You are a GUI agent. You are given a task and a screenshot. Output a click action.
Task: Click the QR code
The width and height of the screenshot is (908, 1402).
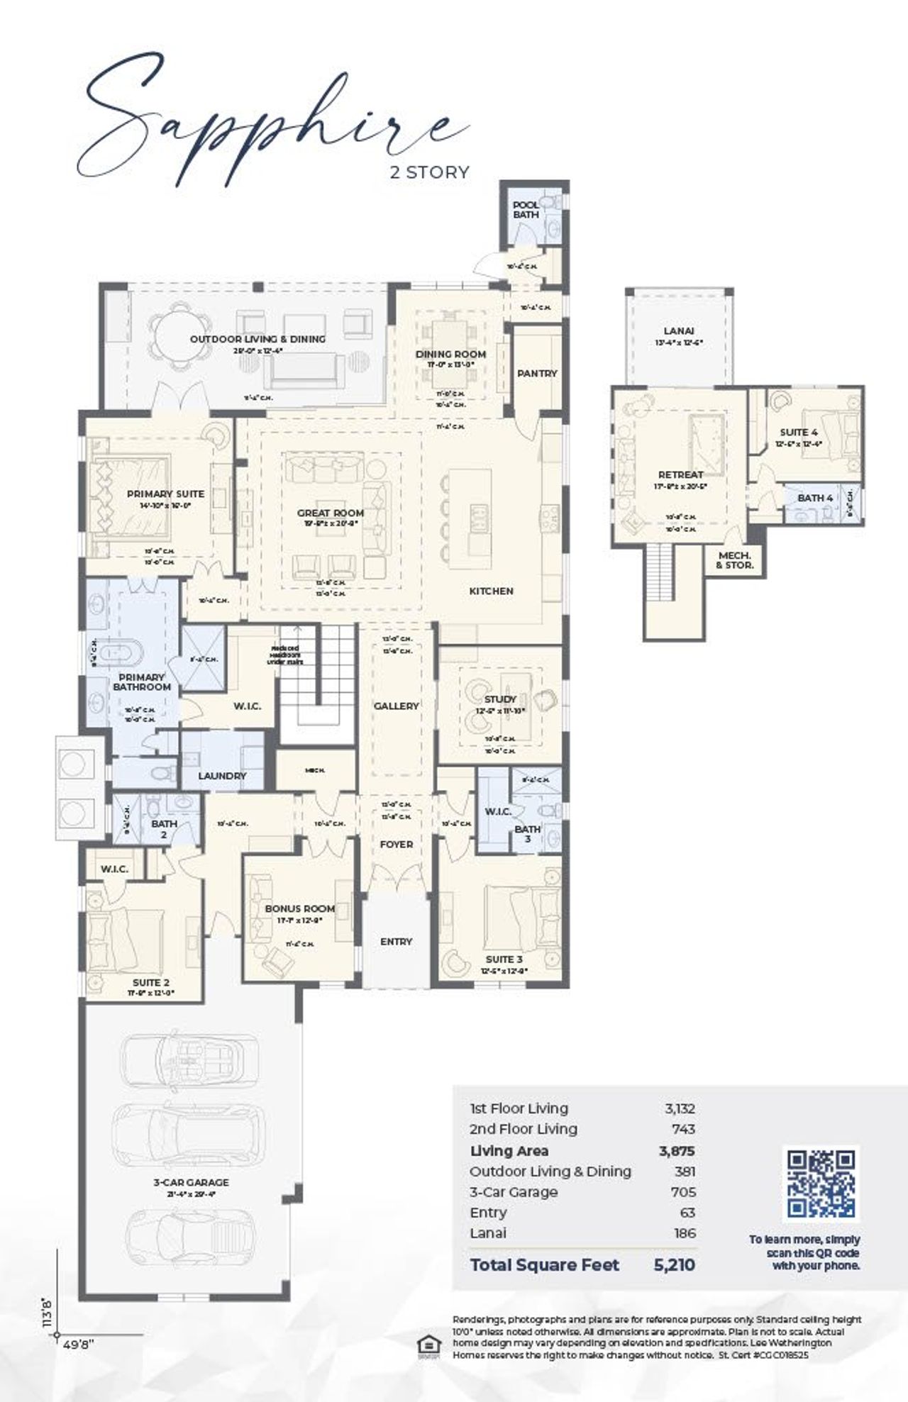tap(821, 1184)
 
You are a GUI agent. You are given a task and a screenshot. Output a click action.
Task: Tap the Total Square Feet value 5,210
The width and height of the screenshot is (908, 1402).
tap(674, 1264)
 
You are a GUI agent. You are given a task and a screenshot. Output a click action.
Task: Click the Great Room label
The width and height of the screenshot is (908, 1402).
tap(330, 513)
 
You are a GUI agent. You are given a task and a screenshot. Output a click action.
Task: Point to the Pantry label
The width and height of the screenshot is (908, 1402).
tap(537, 373)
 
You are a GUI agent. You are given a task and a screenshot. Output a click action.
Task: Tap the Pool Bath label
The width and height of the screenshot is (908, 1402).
tap(526, 209)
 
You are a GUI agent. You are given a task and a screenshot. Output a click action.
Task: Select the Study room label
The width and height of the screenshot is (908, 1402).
tap(500, 699)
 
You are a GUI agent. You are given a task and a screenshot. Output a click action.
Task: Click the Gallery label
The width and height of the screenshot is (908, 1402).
tap(396, 706)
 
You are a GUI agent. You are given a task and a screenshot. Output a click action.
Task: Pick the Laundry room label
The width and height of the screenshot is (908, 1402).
tap(222, 776)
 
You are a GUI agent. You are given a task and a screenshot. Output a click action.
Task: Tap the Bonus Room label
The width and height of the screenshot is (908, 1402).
tap(299, 908)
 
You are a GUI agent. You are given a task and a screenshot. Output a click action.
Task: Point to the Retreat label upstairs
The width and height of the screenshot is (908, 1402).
tap(680, 474)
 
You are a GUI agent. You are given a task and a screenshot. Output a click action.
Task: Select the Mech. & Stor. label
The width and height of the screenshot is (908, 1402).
tap(735, 560)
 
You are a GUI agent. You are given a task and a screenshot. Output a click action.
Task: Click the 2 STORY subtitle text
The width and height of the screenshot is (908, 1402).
tap(430, 172)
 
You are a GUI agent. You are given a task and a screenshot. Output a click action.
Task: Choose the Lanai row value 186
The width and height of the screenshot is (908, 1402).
tap(685, 1233)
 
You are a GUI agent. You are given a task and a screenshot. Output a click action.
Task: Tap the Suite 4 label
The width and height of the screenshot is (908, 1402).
tap(798, 432)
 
